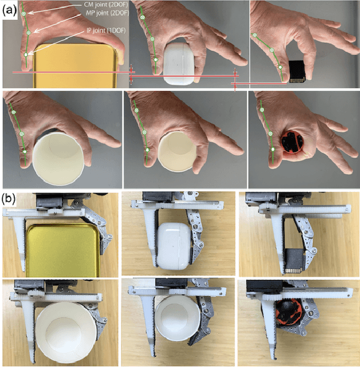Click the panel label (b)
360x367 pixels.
pyautogui.click(x=10, y=199)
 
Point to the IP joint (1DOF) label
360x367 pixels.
pyautogui.click(x=106, y=30)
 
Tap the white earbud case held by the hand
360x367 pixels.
pyautogui.click(x=179, y=64)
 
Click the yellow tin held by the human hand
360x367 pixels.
pyautogui.click(x=75, y=66)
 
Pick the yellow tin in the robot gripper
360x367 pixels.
pyautogui.click(x=63, y=250)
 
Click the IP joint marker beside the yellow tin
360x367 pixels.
pyautogui.click(x=26, y=55)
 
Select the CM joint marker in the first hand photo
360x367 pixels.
pyautogui.click(x=24, y=14)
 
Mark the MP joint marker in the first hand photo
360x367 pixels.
pyautogui.click(x=29, y=33)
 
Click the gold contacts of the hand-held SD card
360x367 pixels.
pyautogui.click(x=297, y=80)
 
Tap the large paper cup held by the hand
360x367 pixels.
pyautogui.click(x=58, y=159)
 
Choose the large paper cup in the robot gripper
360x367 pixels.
pyautogui.click(x=65, y=332)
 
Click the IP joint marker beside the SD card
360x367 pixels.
pyautogui.click(x=280, y=67)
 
